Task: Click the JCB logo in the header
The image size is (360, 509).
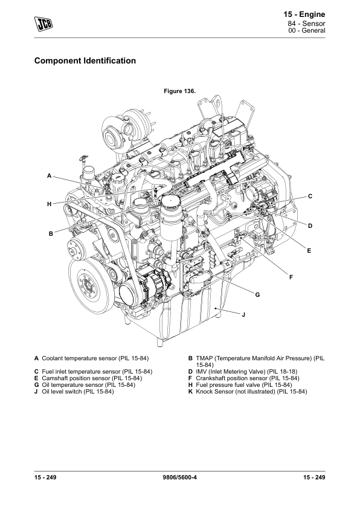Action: pos(43,24)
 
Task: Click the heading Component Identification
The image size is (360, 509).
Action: pos(85,60)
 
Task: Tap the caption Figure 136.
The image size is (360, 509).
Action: pos(179,91)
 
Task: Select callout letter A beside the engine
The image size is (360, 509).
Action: pos(50,176)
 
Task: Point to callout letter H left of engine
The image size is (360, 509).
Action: pos(50,204)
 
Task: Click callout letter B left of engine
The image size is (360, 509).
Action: pos(51,233)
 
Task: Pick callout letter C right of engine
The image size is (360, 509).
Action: pos(310,196)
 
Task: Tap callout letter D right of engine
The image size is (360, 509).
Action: pos(310,226)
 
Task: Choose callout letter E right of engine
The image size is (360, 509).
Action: pos(309,251)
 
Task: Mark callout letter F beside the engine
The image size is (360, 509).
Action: pos(291,277)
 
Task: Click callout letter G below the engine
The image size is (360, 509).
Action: pos(257,295)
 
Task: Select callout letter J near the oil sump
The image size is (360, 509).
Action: pos(243,314)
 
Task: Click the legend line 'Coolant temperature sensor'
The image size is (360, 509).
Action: pos(91,358)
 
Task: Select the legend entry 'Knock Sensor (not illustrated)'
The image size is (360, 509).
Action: pos(248,392)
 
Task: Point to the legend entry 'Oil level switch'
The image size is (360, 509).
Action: pos(74,392)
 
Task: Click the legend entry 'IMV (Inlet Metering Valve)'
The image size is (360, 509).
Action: pos(243,371)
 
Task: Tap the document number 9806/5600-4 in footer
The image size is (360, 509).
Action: pos(180,477)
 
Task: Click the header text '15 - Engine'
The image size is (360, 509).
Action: pos(304,15)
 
